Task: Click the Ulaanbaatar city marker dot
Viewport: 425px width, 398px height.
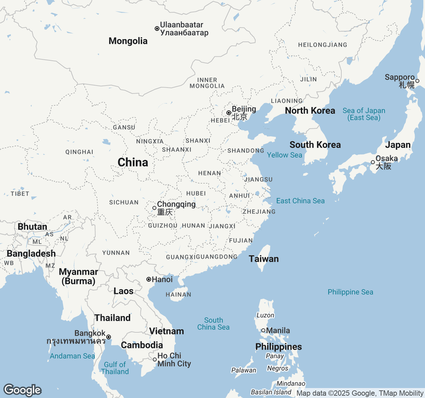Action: pyautogui.click(x=157, y=29)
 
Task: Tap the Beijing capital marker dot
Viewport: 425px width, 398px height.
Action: pyautogui.click(x=229, y=113)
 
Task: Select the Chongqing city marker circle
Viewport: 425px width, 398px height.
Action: pyautogui.click(x=154, y=208)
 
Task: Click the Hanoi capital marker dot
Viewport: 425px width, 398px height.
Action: pyautogui.click(x=149, y=279)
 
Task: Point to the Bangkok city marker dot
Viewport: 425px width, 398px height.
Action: pyautogui.click(x=109, y=337)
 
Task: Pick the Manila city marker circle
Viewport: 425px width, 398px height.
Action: pyautogui.click(x=263, y=330)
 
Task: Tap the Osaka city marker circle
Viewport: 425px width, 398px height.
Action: pyautogui.click(x=373, y=162)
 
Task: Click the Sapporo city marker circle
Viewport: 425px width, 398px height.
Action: pyautogui.click(x=417, y=81)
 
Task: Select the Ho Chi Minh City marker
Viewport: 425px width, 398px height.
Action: pyautogui.click(x=155, y=360)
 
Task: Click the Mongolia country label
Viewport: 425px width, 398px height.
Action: pyautogui.click(x=128, y=41)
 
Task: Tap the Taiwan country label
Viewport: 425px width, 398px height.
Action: pyautogui.click(x=264, y=259)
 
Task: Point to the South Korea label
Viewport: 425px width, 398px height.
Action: pyautogui.click(x=315, y=145)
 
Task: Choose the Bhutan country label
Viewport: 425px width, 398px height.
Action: pyautogui.click(x=33, y=227)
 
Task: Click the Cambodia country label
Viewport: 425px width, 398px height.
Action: pyautogui.click(x=142, y=345)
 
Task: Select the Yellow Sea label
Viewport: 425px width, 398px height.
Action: pyautogui.click(x=285, y=155)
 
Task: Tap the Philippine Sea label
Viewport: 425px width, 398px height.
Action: pyautogui.click(x=350, y=292)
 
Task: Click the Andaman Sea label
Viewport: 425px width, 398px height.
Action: pyautogui.click(x=72, y=356)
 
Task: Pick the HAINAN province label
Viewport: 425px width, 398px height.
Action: pyautogui.click(x=178, y=295)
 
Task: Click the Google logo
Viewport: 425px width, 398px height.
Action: pyautogui.click(x=22, y=390)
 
